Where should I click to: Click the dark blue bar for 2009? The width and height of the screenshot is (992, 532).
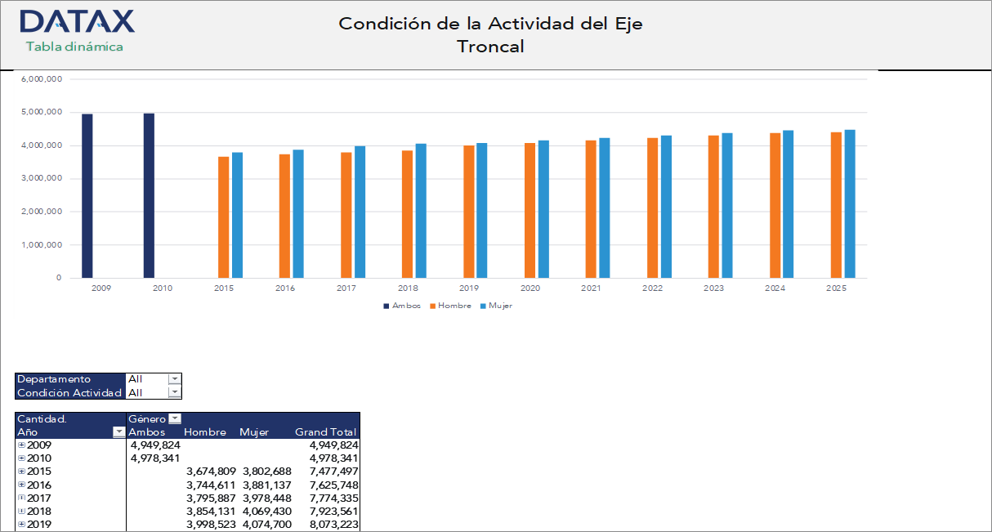[x=87, y=196]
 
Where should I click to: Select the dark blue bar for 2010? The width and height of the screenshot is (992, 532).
[x=149, y=196]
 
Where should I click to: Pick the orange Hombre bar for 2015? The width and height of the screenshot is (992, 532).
[x=223, y=217]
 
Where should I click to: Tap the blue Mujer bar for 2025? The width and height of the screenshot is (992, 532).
[x=850, y=204]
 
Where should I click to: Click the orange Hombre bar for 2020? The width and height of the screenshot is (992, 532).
[x=530, y=211]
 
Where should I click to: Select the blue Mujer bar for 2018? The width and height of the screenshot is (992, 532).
[x=420, y=211]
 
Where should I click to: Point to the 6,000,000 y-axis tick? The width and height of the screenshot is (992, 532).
[x=42, y=79]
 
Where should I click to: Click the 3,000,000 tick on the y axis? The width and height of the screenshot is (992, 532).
[x=42, y=178]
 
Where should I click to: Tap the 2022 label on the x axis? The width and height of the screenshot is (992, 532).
[x=652, y=288]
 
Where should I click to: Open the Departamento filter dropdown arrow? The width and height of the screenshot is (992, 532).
[x=173, y=379]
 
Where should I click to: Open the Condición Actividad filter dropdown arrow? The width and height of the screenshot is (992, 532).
[x=173, y=392]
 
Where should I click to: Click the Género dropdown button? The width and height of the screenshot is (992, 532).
[x=174, y=419]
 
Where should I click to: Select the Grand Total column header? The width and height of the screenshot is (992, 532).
[x=325, y=432]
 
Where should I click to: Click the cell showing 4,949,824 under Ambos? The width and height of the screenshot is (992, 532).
[x=155, y=445]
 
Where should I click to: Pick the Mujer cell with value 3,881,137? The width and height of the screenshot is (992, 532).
[x=266, y=485]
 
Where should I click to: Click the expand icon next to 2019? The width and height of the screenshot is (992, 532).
[x=21, y=524]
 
